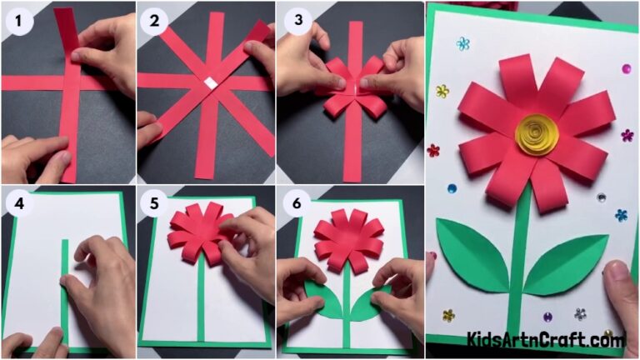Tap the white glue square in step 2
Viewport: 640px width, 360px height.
point(212,82)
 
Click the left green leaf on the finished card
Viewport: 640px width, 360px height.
point(472,254)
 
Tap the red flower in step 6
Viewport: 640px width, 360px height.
point(347,242)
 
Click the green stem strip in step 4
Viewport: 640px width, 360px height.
point(64,292)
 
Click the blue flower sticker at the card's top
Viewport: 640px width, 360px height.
point(462,43)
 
